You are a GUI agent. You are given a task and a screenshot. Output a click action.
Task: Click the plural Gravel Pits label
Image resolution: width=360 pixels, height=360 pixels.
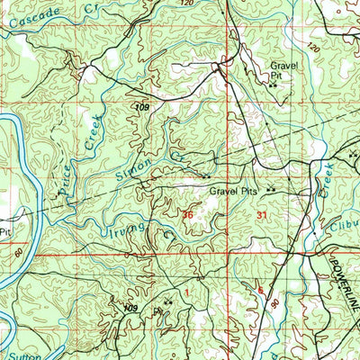(234, 192)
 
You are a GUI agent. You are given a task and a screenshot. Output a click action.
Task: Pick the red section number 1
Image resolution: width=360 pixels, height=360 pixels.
(187, 292)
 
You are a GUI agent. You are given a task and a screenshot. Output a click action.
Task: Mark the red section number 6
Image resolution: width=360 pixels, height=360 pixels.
(261, 290)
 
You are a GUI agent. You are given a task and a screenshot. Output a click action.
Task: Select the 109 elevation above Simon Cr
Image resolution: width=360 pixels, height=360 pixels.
(141, 108)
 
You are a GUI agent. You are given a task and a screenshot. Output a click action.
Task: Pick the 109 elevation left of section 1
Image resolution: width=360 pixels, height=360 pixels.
(131, 309)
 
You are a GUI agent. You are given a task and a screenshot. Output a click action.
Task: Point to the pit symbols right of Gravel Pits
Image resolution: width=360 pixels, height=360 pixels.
(270, 191)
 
